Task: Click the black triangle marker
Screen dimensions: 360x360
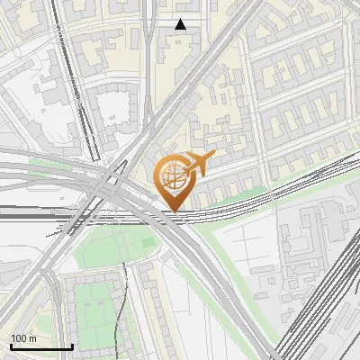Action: pos(181,24)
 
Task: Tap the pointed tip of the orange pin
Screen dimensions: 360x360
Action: pos(173,211)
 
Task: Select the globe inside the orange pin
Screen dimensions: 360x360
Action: pos(173,176)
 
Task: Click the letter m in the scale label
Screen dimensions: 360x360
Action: pos(33,338)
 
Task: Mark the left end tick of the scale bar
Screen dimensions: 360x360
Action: pos(10,346)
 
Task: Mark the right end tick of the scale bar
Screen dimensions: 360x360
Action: pos(72,346)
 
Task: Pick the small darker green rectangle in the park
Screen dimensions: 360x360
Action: pos(148,243)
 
